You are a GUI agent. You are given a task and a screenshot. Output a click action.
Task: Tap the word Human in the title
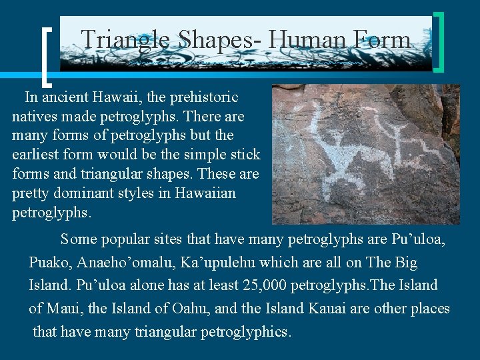tap(304, 40)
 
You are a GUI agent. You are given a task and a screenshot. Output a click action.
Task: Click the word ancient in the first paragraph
tap(66, 97)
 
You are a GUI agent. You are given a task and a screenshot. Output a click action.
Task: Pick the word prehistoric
tap(203, 97)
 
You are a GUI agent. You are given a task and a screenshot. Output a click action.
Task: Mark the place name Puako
tap(50, 263)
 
